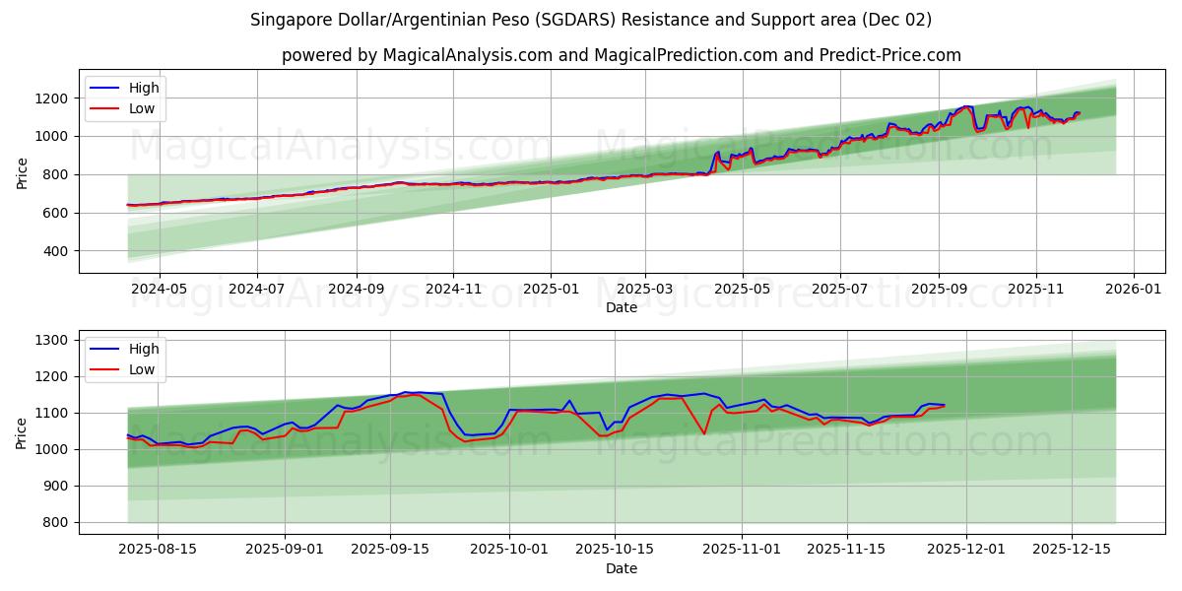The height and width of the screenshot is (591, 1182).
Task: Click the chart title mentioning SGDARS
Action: (x=591, y=20)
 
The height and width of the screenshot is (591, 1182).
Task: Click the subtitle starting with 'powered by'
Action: (x=621, y=55)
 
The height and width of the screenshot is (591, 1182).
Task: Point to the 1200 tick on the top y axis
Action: (x=51, y=98)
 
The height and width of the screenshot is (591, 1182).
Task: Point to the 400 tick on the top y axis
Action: (x=55, y=251)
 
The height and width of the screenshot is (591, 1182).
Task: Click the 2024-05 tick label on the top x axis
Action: (x=160, y=290)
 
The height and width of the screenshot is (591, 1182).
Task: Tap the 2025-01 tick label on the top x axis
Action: (x=550, y=290)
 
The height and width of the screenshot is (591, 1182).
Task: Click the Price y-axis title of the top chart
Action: (x=22, y=173)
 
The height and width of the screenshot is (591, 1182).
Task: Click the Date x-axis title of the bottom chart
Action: (x=621, y=568)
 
